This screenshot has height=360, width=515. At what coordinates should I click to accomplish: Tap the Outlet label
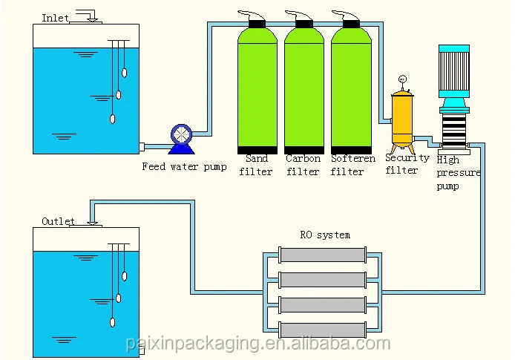point(58,221)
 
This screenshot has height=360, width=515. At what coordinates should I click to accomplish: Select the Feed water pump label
point(184,166)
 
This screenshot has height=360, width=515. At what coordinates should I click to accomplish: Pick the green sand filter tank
point(257,89)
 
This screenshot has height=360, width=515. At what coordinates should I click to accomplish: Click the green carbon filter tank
point(304,89)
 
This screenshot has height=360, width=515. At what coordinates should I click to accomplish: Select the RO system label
point(325,235)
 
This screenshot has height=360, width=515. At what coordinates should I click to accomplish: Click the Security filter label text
point(407,163)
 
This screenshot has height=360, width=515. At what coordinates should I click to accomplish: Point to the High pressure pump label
point(457,173)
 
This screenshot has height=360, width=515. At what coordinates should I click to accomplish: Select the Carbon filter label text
point(304,165)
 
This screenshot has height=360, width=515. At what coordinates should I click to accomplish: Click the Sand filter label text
point(257,165)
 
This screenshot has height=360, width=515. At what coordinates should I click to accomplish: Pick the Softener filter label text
point(352,165)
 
